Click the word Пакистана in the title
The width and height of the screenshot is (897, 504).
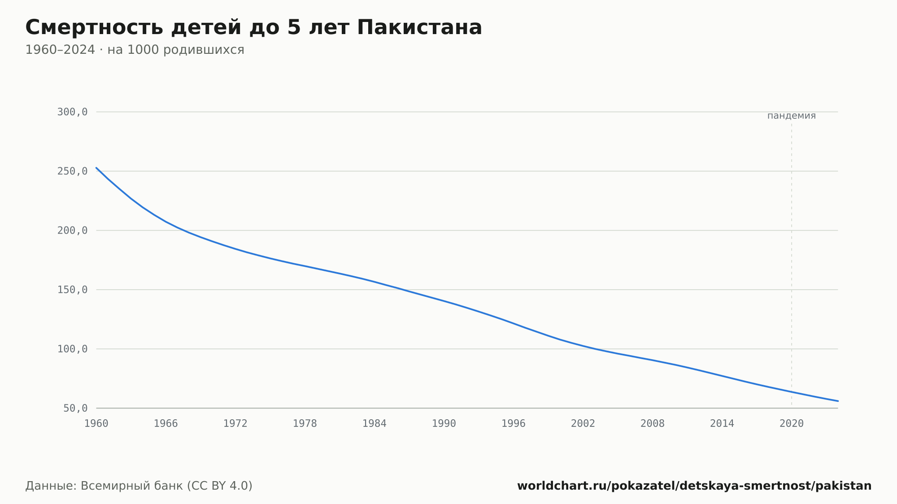coord(419,27)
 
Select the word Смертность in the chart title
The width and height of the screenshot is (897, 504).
coord(94,27)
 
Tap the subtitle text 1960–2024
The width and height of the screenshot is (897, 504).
coord(60,50)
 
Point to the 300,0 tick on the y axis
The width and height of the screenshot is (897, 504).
coord(72,112)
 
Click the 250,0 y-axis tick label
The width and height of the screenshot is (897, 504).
coord(72,171)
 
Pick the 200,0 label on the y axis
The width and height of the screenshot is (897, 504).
coord(72,230)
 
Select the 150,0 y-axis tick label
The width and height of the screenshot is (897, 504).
coord(72,290)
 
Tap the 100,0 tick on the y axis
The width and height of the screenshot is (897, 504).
coord(72,349)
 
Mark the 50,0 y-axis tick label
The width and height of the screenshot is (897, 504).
coord(75,408)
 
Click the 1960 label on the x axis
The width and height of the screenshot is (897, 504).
coord(96,424)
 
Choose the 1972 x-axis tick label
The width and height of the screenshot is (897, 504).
coord(235,424)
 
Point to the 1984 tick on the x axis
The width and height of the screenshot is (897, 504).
coord(374,424)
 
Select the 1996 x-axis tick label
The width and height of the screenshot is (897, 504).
coord(514,424)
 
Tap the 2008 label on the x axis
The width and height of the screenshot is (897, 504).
coord(653,424)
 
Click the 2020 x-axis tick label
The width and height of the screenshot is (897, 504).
coord(792,424)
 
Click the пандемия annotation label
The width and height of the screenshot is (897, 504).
coord(792,116)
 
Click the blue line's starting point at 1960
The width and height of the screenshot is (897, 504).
coord(96,168)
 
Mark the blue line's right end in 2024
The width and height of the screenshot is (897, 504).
coord(838,401)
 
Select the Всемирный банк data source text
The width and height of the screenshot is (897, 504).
coord(132,486)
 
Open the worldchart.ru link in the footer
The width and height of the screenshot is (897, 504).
coord(694,486)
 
